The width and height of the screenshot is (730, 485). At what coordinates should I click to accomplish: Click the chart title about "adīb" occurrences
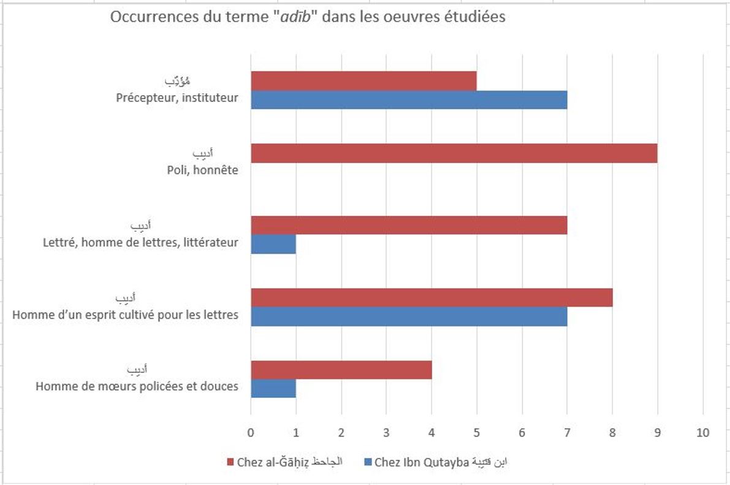308,17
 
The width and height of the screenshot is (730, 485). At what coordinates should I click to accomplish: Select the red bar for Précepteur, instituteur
363,81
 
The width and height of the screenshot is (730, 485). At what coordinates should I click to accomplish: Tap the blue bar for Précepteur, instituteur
409,99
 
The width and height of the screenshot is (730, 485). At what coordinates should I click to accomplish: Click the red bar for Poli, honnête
454,153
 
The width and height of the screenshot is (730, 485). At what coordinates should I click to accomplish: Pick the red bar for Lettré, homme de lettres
409,225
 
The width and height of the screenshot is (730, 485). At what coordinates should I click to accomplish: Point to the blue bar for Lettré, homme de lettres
273,244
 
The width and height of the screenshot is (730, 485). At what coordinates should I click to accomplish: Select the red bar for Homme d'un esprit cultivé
432,297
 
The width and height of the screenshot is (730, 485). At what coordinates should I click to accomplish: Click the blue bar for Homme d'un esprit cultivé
409,316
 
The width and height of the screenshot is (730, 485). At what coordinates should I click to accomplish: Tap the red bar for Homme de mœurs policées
341,370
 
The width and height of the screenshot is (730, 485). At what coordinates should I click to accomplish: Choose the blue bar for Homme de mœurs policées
273,388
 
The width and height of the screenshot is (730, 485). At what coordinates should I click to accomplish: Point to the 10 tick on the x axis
702,433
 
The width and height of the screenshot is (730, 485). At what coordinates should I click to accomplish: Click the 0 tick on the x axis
251,433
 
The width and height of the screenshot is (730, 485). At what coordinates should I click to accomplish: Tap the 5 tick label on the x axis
476,433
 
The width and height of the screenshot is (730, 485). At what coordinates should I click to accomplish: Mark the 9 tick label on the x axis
657,433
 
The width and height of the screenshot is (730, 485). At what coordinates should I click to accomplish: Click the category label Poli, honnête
202,170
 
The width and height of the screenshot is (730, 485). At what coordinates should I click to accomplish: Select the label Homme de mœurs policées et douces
137,387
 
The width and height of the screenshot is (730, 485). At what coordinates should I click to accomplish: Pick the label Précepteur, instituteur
177,97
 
